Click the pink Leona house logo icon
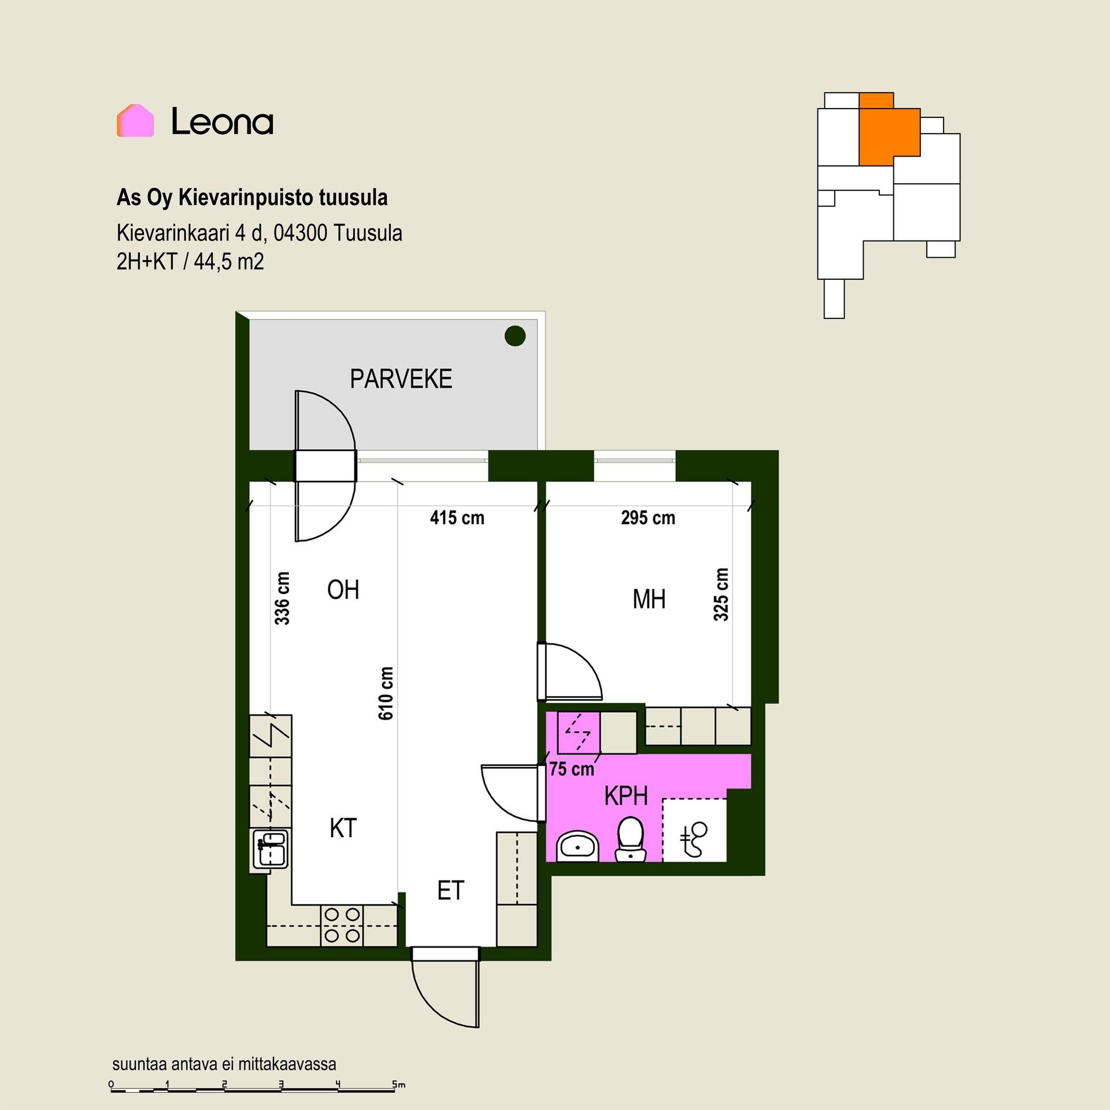point(135,121)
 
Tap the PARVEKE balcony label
point(401,379)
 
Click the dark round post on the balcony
point(515,336)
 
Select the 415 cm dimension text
point(457,517)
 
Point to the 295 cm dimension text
point(648,517)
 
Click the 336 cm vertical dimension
point(282,598)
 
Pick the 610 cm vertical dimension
point(386,693)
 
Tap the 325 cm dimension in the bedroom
point(721,594)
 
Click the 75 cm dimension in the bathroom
point(572,769)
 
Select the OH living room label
point(343,590)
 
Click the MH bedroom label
point(649,600)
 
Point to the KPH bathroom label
point(626,796)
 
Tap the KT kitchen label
point(343,828)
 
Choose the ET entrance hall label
point(451,891)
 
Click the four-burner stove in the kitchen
point(342,926)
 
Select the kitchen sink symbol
point(270,849)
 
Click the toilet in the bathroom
point(630,839)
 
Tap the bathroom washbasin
point(578,846)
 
